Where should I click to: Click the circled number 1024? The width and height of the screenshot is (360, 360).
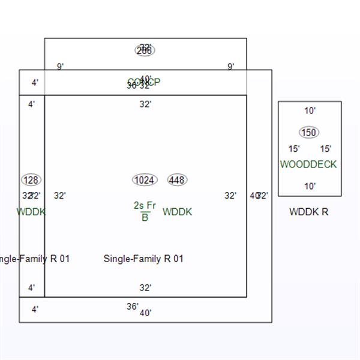click(x=144, y=180)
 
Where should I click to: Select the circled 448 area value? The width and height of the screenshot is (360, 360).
click(x=177, y=180)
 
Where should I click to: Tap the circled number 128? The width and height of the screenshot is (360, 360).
click(x=31, y=180)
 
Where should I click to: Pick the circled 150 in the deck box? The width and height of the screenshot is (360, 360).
click(x=308, y=133)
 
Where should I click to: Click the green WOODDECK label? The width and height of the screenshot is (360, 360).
click(x=308, y=164)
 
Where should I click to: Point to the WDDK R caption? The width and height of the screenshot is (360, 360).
click(x=308, y=212)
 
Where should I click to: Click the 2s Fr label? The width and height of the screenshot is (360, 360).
click(x=145, y=206)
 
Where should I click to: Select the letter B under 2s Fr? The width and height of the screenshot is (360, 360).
click(x=145, y=218)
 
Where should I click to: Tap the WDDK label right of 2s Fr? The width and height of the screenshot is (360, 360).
click(x=177, y=212)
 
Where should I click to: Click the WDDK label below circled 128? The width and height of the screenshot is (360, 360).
click(x=31, y=212)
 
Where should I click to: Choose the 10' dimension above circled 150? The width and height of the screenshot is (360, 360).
click(x=310, y=111)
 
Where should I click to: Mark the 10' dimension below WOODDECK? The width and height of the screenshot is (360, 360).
click(x=310, y=187)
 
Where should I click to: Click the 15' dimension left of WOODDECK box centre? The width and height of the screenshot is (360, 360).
click(x=294, y=149)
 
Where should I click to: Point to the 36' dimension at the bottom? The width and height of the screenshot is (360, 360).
click(x=133, y=307)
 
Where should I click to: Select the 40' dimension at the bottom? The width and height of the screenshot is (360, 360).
click(x=146, y=313)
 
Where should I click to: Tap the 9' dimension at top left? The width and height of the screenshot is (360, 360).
click(x=61, y=67)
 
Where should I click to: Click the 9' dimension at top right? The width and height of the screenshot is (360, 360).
click(x=231, y=67)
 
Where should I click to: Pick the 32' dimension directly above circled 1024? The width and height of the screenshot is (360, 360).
click(x=146, y=104)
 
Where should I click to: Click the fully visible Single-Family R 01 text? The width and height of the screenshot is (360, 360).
click(x=143, y=259)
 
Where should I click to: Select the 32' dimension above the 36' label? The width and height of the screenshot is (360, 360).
click(x=146, y=288)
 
